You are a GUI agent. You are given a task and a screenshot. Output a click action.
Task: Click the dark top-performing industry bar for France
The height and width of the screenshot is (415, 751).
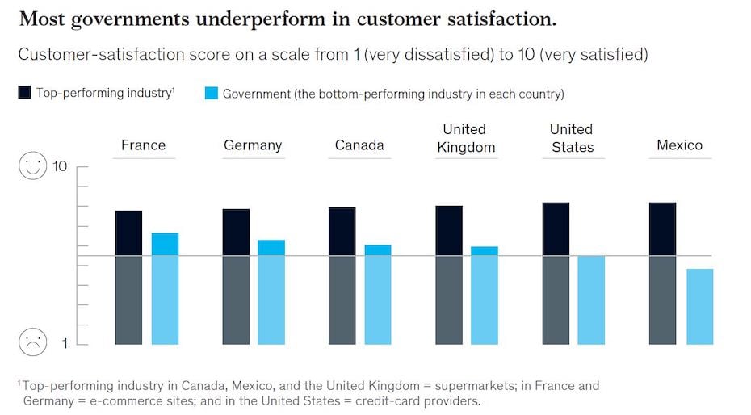point(128,277)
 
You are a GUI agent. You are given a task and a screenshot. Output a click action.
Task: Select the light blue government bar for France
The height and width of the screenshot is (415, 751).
point(165,288)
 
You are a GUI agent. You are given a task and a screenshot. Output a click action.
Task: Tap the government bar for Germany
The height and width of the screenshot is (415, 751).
point(271,291)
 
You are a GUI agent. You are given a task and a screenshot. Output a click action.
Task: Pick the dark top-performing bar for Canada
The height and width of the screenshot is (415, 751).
point(342,275)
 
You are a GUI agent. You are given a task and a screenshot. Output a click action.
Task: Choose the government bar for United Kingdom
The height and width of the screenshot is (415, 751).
point(485,295)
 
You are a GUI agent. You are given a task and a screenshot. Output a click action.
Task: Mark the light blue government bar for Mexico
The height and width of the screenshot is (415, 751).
point(699,306)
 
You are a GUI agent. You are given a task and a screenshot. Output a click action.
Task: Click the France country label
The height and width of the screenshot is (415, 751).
point(143,145)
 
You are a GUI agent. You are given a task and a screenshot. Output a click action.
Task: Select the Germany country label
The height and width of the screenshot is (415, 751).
point(253,145)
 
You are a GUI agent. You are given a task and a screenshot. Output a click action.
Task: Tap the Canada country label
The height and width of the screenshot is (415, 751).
point(359,145)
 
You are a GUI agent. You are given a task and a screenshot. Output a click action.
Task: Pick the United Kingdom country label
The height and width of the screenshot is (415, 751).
point(464,138)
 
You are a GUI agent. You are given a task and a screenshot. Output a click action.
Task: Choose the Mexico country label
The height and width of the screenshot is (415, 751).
point(679,145)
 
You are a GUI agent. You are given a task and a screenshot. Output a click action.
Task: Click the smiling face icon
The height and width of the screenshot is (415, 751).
point(33,166)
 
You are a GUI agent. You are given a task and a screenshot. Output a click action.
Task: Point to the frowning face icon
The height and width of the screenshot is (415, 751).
point(33,343)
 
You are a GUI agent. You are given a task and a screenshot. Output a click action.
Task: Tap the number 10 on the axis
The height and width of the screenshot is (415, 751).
point(60,167)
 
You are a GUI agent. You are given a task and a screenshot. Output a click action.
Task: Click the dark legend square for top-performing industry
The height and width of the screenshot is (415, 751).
point(25,93)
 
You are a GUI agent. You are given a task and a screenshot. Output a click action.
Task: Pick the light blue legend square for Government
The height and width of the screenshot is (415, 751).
point(212,93)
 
